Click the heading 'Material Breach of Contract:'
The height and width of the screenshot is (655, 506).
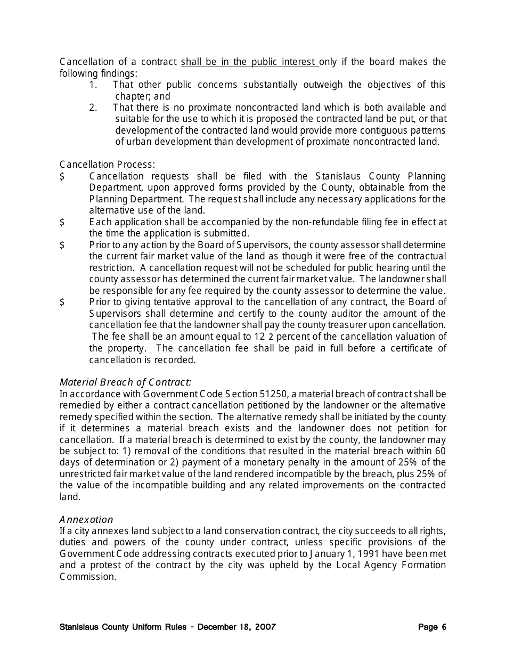click(x=125, y=382)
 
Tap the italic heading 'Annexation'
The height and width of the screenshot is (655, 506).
click(x=86, y=519)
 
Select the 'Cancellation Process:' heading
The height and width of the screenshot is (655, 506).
click(x=107, y=165)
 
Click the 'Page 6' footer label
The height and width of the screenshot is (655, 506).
click(x=432, y=627)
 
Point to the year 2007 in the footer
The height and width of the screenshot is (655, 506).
click(x=265, y=627)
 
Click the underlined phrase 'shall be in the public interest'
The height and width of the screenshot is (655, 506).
click(x=249, y=62)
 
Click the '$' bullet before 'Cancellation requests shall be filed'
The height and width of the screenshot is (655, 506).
click(x=62, y=176)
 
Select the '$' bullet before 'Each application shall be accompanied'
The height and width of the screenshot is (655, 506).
click(x=62, y=222)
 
